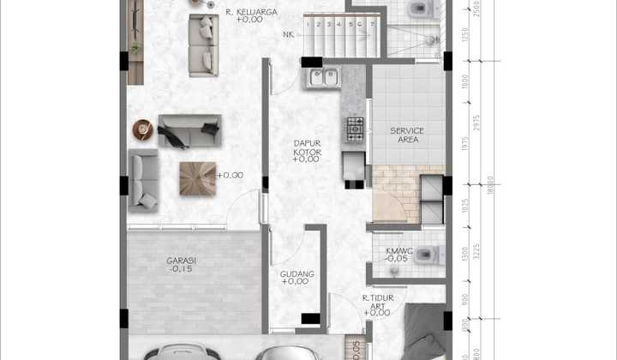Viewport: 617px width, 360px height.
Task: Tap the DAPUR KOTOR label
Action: (306, 147)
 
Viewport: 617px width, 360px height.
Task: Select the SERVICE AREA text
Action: (407, 135)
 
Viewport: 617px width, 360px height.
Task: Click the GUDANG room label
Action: (297, 274)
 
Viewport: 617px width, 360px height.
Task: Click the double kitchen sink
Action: (325, 79)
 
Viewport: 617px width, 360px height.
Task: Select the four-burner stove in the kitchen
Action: (354, 129)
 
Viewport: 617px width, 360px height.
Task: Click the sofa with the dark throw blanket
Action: (189, 131)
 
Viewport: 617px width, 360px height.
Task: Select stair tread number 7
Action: (373, 24)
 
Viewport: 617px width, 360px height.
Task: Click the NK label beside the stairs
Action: (287, 35)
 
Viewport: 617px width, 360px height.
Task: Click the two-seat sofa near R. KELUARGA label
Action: (203, 45)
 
